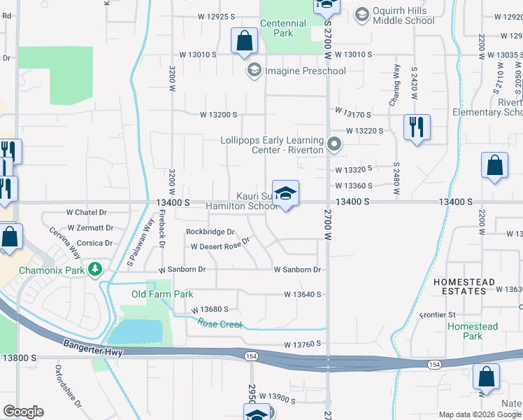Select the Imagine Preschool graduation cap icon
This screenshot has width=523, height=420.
click(253, 71)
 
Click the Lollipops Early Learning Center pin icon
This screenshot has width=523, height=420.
click(334, 145)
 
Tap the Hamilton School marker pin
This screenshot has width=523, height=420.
click(285, 194)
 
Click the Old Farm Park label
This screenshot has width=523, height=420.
click(162, 295)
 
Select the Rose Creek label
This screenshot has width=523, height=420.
click(220, 324)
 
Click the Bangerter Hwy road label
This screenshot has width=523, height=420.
click(93, 348)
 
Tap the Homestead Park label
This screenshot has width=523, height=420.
click(473, 331)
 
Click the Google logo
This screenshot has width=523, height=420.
click(23, 412)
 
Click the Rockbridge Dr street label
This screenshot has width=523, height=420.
click(210, 232)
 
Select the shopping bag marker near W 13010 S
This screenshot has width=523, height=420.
click(245, 41)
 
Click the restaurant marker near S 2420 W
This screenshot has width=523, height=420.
click(417, 127)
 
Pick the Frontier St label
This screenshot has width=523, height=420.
click(438, 315)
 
